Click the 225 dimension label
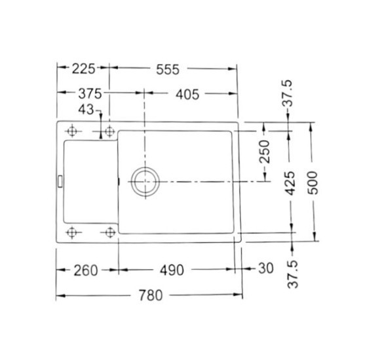(x=83, y=69)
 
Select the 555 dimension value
(x=168, y=70)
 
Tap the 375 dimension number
(x=90, y=94)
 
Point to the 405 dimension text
(x=187, y=95)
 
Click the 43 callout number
(x=86, y=110)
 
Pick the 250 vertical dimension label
(x=265, y=152)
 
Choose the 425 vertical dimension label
(x=290, y=183)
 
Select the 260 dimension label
(x=86, y=270)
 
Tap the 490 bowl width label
(x=172, y=270)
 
